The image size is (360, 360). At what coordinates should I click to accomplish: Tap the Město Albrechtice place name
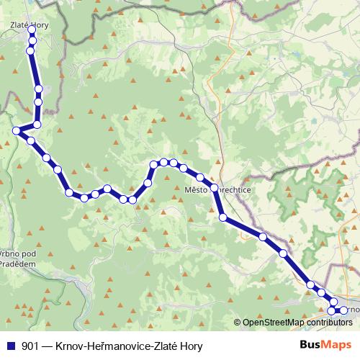[217, 190]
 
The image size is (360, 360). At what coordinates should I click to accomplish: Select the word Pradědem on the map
[17, 265]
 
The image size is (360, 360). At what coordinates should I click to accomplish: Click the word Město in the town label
[196, 190]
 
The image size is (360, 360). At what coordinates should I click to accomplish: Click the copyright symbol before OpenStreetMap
[237, 323]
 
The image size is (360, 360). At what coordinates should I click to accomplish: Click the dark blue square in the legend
[10, 346]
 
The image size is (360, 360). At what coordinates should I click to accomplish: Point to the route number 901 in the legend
[30, 346]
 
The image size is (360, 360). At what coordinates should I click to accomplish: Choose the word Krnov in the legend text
[69, 346]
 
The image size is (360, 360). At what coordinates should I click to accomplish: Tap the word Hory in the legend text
[191, 346]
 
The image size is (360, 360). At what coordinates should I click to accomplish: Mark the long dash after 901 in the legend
[47, 346]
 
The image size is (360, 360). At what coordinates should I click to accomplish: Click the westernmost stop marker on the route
[17, 130]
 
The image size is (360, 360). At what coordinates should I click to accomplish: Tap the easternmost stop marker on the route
[343, 310]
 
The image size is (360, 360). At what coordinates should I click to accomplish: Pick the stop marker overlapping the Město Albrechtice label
[214, 189]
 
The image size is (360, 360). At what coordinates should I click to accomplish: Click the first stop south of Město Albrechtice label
[223, 216]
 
